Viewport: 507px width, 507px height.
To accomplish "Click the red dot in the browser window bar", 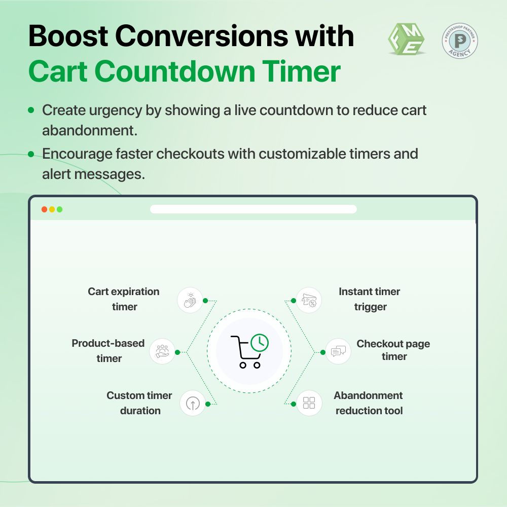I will [44, 209].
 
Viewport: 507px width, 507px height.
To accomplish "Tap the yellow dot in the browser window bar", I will [52, 209].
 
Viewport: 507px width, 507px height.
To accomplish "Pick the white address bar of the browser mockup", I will [253, 209].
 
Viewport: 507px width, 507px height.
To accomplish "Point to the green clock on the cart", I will [260, 342].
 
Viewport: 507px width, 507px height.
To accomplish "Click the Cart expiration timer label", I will [124, 299].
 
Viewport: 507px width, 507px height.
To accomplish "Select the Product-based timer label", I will [108, 351].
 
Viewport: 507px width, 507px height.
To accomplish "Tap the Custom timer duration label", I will [139, 403].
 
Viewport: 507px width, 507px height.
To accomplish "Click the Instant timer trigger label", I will [370, 299].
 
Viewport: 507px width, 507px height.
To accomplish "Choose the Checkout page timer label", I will [393, 350].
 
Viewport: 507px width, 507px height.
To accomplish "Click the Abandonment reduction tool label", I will [369, 403].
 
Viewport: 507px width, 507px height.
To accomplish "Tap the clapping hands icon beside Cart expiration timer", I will [190, 300].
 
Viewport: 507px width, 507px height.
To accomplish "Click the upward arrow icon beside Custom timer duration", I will [193, 404].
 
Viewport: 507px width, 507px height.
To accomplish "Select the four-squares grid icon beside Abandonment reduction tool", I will [309, 403].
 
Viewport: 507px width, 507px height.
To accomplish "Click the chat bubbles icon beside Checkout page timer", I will [338, 351].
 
